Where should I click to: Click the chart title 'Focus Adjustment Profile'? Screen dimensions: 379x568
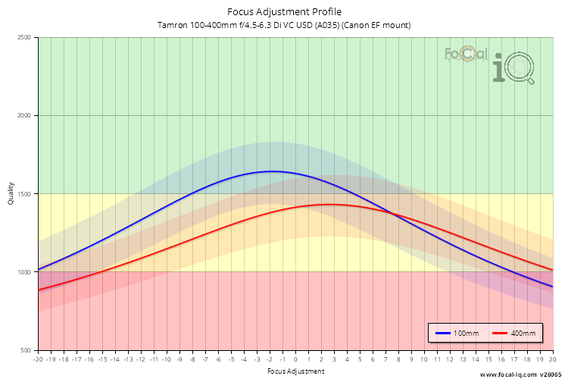[x=284, y=11]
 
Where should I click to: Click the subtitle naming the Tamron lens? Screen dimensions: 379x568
[x=284, y=25]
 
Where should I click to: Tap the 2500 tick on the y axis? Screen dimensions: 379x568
[x=23, y=38]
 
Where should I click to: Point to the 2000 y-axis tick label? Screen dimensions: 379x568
[x=23, y=116]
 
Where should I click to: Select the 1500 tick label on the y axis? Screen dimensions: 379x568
[x=23, y=194]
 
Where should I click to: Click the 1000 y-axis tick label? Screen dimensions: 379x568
[x=23, y=272]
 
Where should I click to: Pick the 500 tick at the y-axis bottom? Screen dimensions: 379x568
[x=26, y=350]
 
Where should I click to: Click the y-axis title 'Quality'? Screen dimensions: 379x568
[x=11, y=194]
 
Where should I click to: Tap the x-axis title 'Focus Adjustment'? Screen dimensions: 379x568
[x=295, y=371]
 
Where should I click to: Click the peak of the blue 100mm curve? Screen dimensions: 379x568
[x=271, y=171]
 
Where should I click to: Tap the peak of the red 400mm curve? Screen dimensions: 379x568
[x=329, y=204]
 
